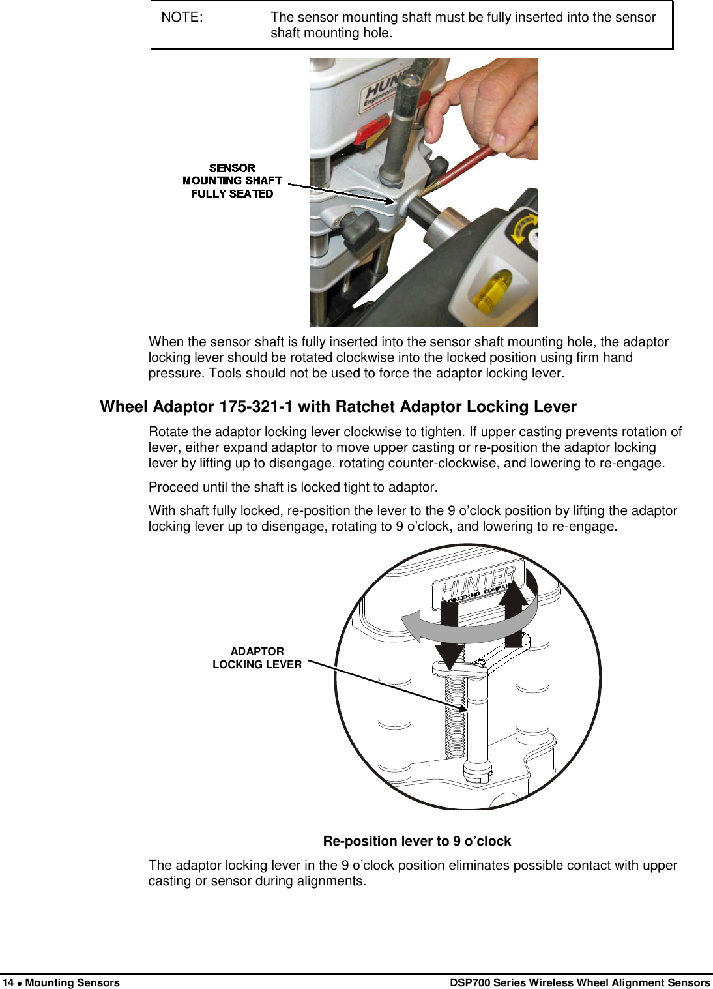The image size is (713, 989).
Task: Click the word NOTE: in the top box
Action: tap(182, 18)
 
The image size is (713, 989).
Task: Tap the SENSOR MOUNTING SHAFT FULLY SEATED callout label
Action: tap(232, 181)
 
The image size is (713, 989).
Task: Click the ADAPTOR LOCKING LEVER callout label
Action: tap(257, 658)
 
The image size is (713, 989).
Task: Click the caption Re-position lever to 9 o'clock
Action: tap(416, 841)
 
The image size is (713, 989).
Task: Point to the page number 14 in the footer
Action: tap(8, 982)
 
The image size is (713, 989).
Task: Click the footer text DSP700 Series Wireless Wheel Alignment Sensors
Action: tap(579, 982)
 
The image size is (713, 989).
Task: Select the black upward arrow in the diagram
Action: tap(514, 613)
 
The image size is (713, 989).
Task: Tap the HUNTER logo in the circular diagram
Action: tap(478, 582)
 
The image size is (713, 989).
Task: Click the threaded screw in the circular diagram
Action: tap(455, 714)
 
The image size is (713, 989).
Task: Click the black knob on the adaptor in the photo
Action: tap(358, 228)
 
